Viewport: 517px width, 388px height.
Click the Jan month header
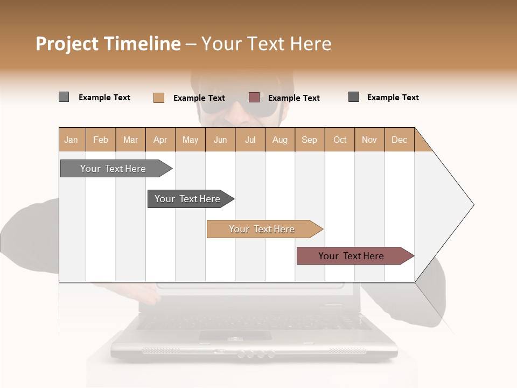click(x=72, y=140)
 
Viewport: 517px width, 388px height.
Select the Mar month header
click(x=130, y=140)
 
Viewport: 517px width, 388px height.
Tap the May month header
click(x=190, y=140)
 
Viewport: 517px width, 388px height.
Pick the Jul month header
click(x=250, y=140)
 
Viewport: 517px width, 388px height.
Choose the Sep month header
click(x=309, y=140)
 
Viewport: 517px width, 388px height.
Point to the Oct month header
click(x=340, y=140)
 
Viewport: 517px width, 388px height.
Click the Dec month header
click(x=399, y=140)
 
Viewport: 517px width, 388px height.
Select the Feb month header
click(x=101, y=140)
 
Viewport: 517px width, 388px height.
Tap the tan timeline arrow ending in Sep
click(x=262, y=229)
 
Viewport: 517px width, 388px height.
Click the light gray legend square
click(x=64, y=97)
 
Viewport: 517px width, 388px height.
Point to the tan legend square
click(x=158, y=98)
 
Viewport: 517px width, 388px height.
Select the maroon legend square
click(x=254, y=97)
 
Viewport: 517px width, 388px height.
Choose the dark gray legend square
click(x=354, y=97)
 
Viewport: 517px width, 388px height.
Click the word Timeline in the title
click(x=142, y=44)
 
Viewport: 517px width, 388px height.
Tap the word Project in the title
click(x=68, y=44)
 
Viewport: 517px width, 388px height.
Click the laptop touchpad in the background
click(x=235, y=335)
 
